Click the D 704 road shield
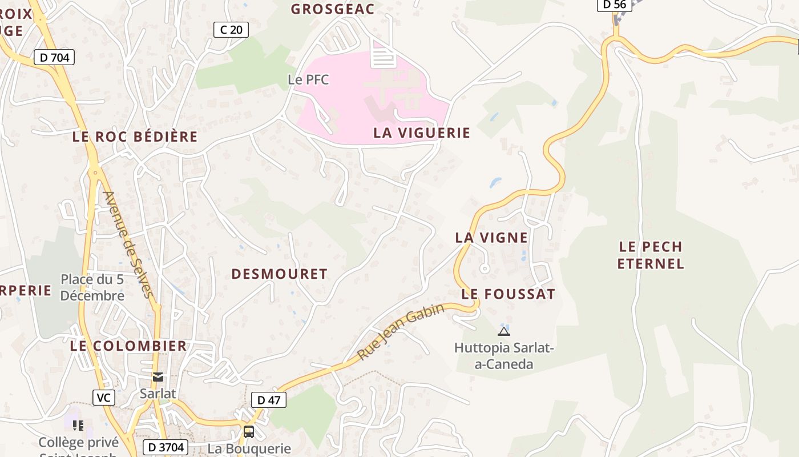(54, 57)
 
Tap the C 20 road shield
(231, 30)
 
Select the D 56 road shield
(614, 5)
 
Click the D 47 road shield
(269, 400)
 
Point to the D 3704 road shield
(164, 447)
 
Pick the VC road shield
(103, 398)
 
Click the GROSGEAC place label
(332, 9)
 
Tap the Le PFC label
(308, 79)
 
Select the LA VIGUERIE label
(422, 133)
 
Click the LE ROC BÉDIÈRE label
(135, 137)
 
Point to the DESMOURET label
(279, 274)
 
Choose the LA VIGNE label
(491, 238)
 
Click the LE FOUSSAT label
(508, 294)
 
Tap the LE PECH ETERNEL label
(651, 255)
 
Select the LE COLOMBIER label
(128, 346)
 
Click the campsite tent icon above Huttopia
(503, 331)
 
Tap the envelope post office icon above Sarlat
(158, 377)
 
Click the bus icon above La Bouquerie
(249, 431)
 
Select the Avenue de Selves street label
(128, 244)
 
